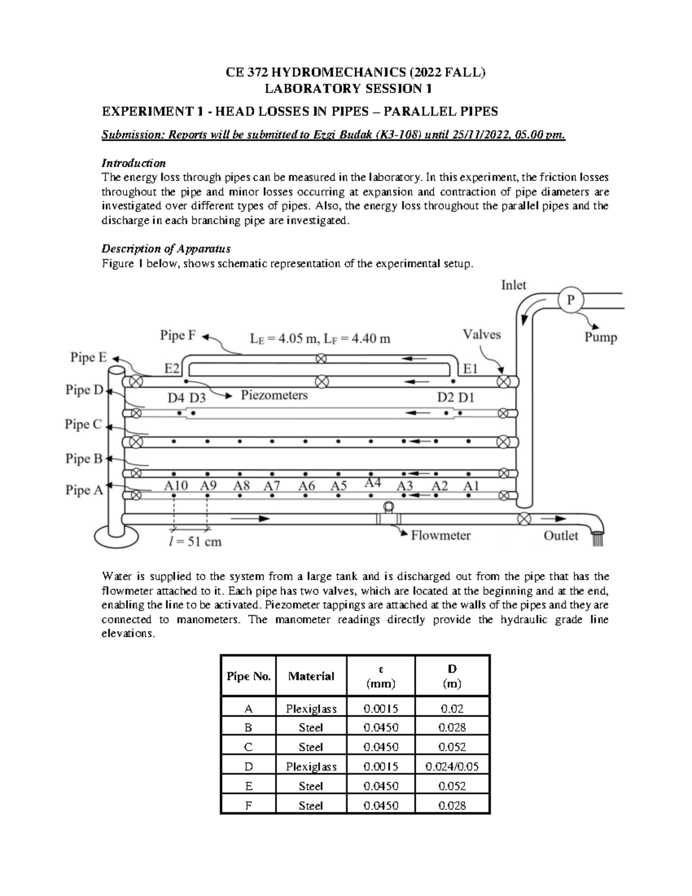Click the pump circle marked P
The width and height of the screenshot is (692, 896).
click(571, 300)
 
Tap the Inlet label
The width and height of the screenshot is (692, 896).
click(513, 285)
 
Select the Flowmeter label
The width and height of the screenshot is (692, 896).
click(441, 535)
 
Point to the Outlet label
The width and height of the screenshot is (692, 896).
click(561, 535)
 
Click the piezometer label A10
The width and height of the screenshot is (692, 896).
click(176, 486)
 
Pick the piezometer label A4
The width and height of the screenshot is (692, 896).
click(373, 483)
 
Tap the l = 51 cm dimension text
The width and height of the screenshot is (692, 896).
click(195, 542)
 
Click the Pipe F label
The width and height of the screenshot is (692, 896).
click(178, 335)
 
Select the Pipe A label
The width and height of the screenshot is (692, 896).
click(84, 490)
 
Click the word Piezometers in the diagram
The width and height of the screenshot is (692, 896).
click(274, 395)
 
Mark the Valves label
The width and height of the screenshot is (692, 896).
click(482, 335)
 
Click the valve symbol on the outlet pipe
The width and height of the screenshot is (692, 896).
click(524, 519)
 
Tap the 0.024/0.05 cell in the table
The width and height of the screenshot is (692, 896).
click(452, 767)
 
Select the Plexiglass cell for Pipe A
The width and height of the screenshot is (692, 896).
click(311, 708)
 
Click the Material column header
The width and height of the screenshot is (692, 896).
click(311, 676)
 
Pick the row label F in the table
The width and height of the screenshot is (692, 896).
click(248, 805)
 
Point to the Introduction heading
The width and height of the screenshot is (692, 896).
click(133, 163)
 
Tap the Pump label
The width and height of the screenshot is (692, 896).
click(600, 338)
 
